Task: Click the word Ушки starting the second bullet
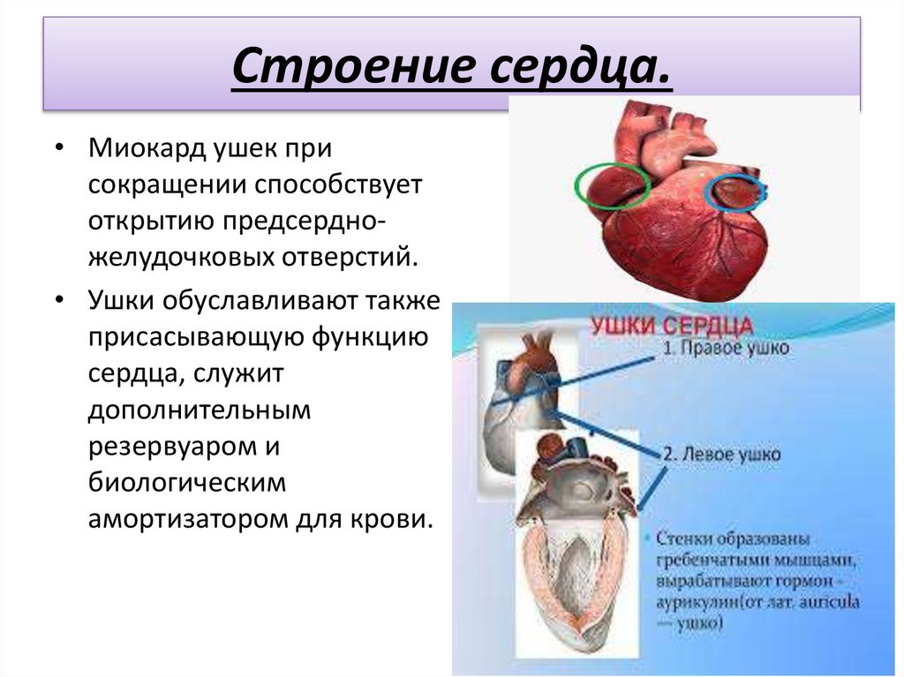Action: pos(120,301)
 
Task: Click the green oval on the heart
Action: pos(612,185)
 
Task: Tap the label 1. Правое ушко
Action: pos(726,349)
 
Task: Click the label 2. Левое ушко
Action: pos(721,455)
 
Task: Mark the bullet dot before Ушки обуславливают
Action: pos(58,301)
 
